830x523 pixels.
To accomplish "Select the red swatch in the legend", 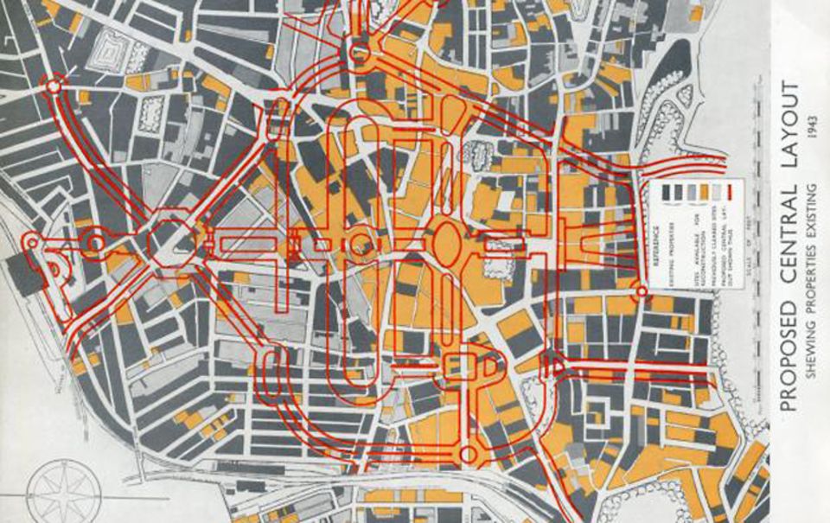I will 728,191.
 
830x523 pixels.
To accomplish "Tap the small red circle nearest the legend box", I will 639,292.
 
